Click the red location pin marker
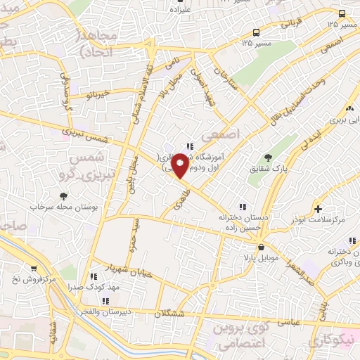180,165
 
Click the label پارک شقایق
268,169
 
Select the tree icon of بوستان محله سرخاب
64,196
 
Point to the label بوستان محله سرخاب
64,208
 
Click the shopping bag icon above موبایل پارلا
262,247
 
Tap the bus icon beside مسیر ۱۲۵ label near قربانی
342,13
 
